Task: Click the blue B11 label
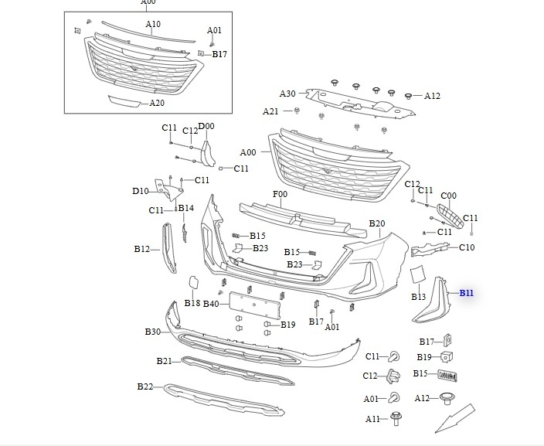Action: pos(466,293)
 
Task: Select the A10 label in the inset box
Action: pos(153,24)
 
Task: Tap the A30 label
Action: pos(287,94)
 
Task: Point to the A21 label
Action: pos(270,111)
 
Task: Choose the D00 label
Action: pos(206,126)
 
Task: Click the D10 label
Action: pos(140,191)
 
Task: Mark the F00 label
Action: pos(280,194)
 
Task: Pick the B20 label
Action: pos(376,223)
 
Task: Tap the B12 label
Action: pos(141,249)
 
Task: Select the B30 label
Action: pos(152,332)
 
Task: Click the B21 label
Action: pos(164,361)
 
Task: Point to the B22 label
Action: pos(145,386)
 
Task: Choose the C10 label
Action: pos(467,247)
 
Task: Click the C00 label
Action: pos(448,196)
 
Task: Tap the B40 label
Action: pos(211,304)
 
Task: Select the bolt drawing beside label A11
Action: pos(396,420)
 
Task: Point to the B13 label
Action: pos(419,297)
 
